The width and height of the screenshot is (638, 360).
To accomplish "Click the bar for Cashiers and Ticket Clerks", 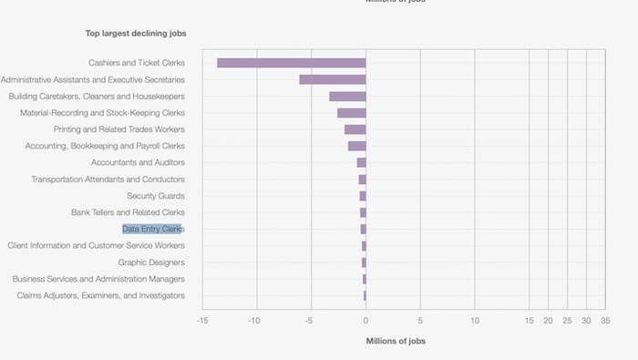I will [291, 63].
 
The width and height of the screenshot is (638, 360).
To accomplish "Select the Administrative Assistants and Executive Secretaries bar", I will [332, 79].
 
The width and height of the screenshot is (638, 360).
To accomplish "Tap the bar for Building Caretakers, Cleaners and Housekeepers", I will [347, 97].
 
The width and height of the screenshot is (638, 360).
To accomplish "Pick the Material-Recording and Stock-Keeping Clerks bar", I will [351, 113].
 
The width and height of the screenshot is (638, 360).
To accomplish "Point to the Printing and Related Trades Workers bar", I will [355, 129].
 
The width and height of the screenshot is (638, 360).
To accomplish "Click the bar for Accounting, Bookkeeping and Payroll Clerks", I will [356, 146].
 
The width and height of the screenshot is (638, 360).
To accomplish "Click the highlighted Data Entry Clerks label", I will [152, 229].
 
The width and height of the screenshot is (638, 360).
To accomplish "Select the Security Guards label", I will [156, 196].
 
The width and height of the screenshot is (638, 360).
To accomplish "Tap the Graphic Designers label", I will [151, 262].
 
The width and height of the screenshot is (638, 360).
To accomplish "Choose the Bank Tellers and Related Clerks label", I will [128, 212].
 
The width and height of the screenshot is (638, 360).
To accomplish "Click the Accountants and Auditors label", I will [138, 162].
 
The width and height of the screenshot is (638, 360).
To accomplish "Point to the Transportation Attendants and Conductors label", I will [108, 180].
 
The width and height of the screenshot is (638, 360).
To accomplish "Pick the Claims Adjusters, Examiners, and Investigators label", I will [100, 295].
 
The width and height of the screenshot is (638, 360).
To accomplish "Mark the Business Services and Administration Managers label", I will [98, 279].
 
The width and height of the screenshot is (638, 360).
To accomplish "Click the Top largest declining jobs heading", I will [136, 34].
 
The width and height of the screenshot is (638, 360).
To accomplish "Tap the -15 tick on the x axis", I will [201, 321].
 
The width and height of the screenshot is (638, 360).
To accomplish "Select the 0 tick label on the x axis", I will [365, 321].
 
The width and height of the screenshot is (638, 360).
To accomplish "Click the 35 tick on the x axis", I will [604, 321].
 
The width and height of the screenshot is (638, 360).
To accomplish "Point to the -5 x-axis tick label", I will [310, 321].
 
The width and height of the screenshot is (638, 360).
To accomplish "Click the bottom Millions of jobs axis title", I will [395, 341].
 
